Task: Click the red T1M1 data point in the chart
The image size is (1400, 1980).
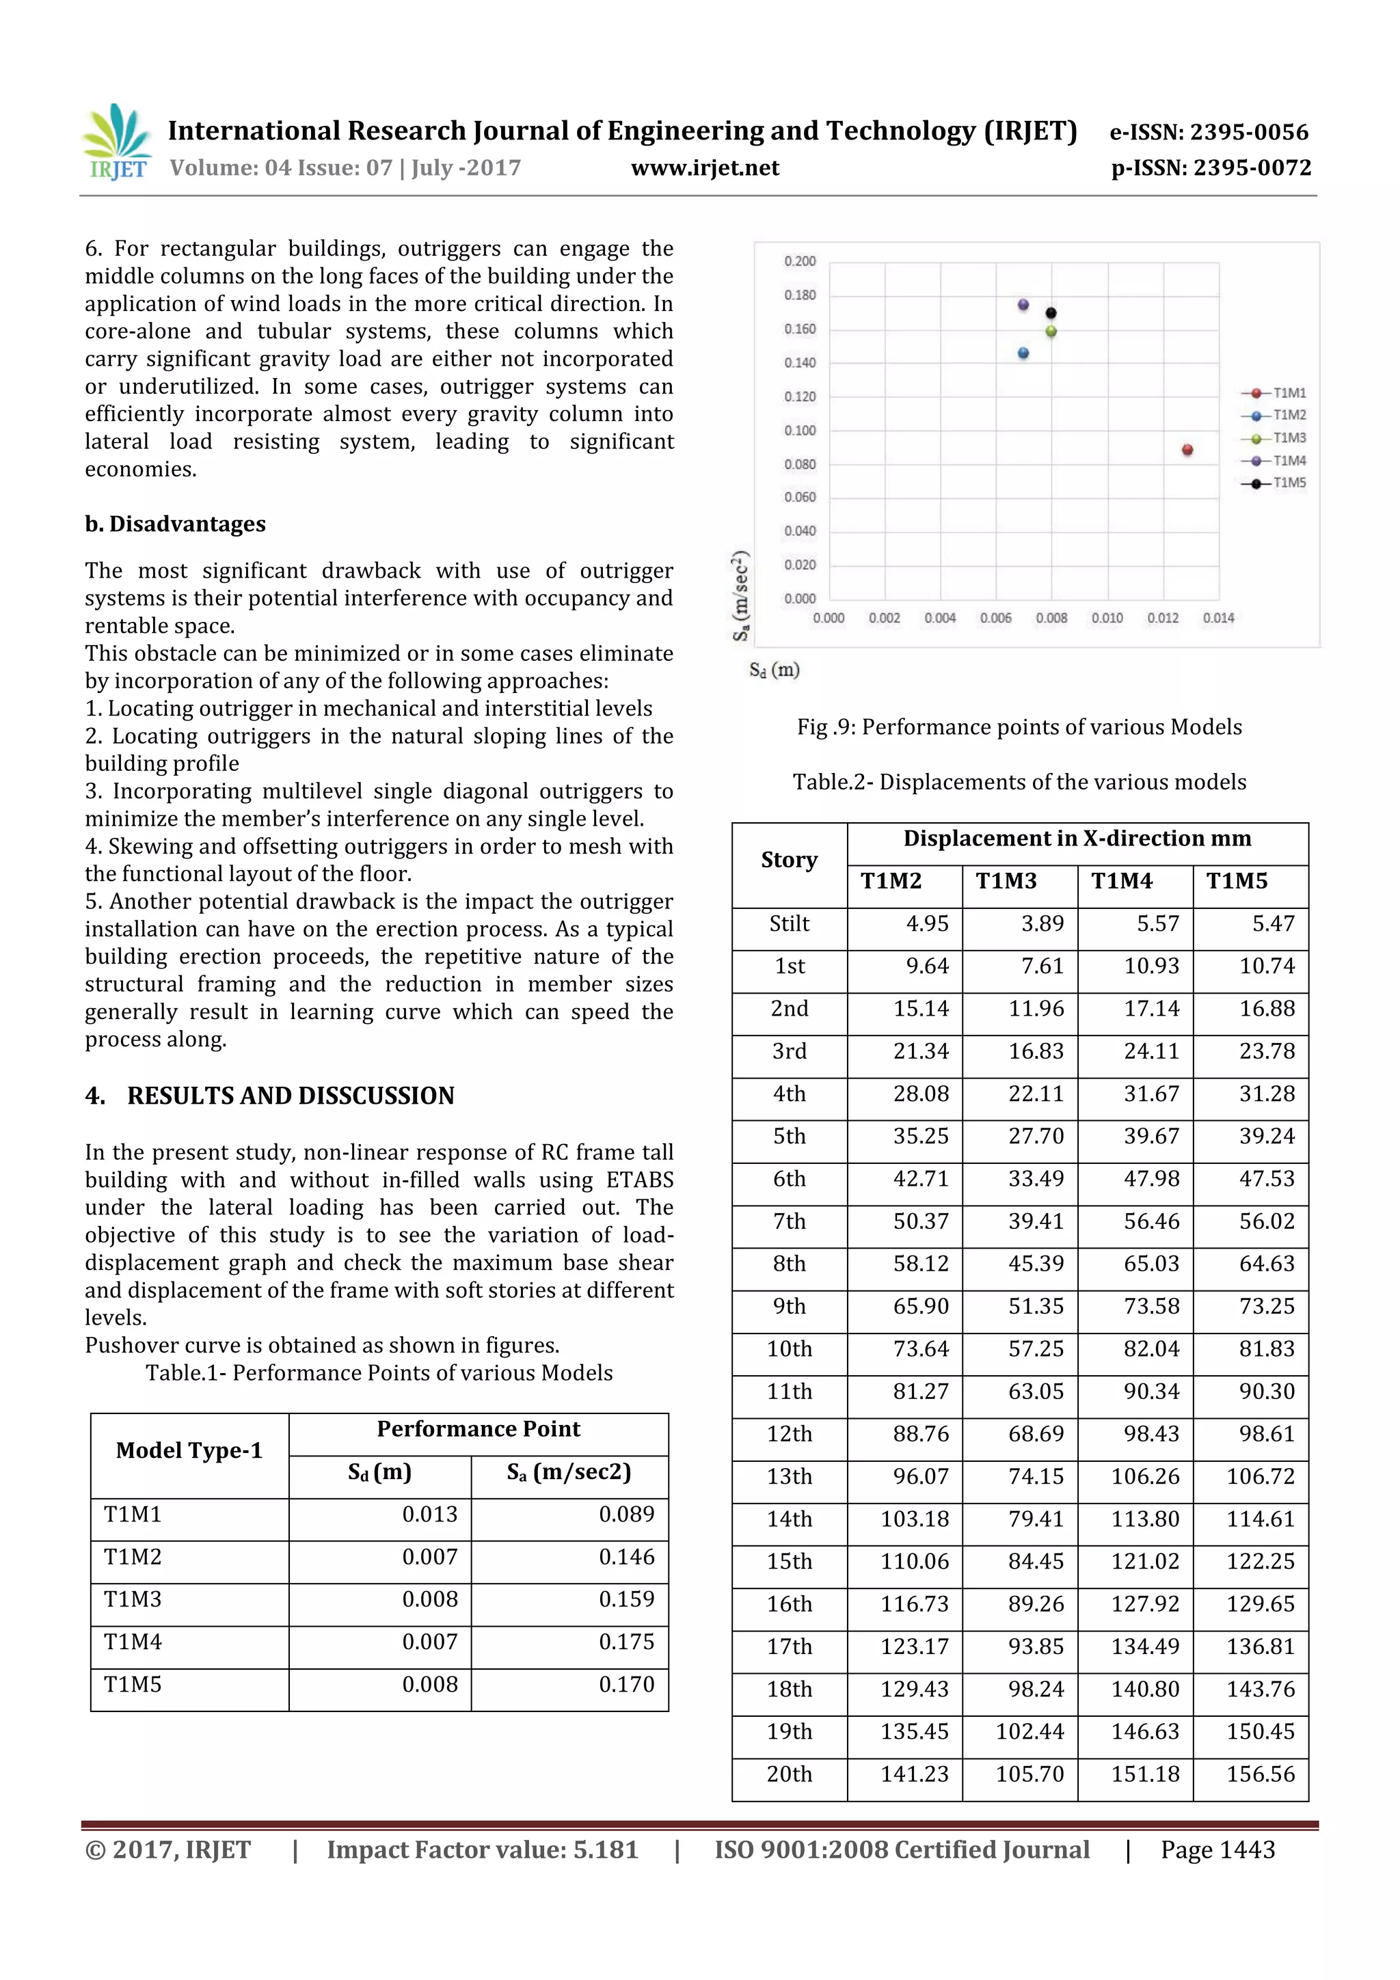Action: point(1187,449)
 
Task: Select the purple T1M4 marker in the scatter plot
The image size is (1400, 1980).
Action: point(1023,304)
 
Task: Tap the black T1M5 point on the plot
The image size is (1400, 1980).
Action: point(1051,313)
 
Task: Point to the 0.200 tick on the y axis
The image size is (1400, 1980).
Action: point(800,261)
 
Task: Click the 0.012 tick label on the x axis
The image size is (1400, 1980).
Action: point(1163,619)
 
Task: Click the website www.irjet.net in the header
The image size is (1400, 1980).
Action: point(705,168)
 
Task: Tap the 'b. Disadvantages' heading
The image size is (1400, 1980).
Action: point(175,524)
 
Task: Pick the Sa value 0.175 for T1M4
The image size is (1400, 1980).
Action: point(626,1641)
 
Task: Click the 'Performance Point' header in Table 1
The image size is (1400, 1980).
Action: point(478,1429)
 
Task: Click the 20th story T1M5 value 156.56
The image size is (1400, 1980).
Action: point(1261,1774)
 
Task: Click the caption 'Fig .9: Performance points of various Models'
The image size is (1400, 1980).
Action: point(1019,727)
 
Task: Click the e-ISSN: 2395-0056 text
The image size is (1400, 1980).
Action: point(1209,132)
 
